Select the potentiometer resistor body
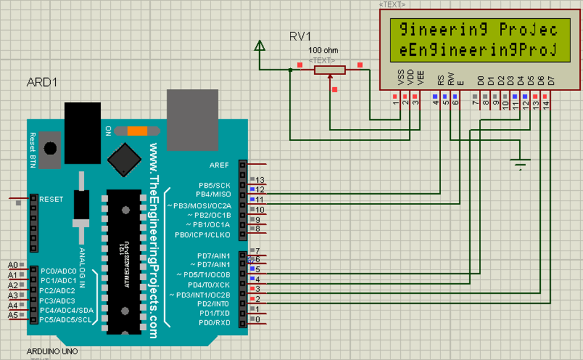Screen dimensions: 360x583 click(330, 69)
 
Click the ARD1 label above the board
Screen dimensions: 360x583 click(43, 83)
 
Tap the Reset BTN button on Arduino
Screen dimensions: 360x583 click(51, 147)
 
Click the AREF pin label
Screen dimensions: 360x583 click(219, 165)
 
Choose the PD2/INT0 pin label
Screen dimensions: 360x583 click(214, 304)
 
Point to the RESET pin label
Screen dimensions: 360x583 click(51, 199)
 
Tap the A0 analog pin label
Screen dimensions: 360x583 click(13, 265)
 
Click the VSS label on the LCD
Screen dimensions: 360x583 click(401, 79)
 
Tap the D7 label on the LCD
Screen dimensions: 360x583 click(551, 80)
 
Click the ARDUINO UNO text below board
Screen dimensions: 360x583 click(52, 351)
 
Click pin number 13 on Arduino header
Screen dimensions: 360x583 click(260, 179)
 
